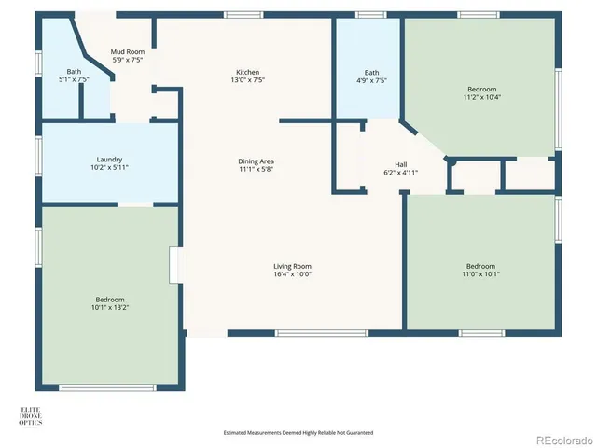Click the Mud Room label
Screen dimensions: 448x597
point(127,52)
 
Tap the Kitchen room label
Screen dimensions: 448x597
point(247,72)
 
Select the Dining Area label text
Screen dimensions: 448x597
point(255,161)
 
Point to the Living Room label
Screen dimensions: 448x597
point(292,266)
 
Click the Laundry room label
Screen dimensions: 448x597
point(109,160)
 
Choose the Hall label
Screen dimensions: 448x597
point(401,164)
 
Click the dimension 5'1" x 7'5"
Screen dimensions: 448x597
point(74,80)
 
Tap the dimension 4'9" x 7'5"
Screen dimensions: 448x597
point(371,80)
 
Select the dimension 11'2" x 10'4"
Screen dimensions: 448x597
point(481,97)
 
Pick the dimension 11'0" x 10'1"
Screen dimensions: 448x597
point(480,273)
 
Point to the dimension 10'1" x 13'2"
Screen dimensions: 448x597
point(109,307)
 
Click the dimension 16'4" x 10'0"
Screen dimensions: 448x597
point(292,274)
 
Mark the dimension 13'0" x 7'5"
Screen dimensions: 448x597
point(247,80)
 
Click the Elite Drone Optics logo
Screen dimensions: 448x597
point(31,416)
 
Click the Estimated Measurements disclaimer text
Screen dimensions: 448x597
point(298,432)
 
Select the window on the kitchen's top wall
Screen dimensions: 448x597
point(243,14)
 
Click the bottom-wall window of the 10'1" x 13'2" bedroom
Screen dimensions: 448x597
point(107,387)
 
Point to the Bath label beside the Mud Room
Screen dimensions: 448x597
point(74,72)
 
